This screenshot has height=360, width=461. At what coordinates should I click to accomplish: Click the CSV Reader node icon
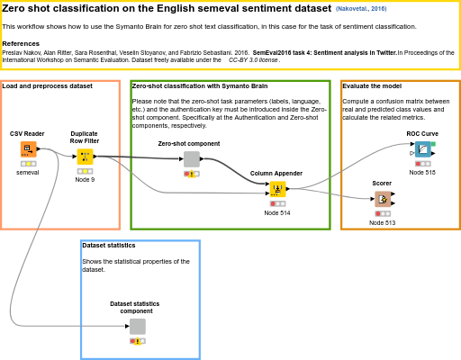click(x=28, y=149)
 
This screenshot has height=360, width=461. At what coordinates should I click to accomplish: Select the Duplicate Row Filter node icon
click(x=85, y=157)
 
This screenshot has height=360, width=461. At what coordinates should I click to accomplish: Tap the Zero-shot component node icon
click(x=192, y=158)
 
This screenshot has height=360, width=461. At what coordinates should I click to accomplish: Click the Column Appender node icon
click(x=277, y=189)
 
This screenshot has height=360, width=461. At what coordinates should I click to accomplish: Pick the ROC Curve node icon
click(x=422, y=149)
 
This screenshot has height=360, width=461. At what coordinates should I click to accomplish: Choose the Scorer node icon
click(x=383, y=199)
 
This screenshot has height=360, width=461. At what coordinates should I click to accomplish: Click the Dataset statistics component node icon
click(x=137, y=326)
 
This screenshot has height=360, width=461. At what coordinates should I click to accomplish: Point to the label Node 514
click(x=277, y=212)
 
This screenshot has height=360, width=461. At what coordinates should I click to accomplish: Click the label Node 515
click(x=422, y=172)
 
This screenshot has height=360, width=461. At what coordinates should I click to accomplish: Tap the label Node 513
click(x=383, y=222)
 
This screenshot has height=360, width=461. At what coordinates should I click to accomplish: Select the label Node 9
click(x=85, y=180)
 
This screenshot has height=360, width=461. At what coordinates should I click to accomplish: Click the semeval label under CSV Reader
click(x=28, y=172)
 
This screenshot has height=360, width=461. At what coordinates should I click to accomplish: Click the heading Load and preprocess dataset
click(x=48, y=86)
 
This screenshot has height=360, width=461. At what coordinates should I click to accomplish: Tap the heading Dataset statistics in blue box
click(x=109, y=245)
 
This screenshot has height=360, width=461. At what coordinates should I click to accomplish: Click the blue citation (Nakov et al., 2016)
click(x=362, y=8)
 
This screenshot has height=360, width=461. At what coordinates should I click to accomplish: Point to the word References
click(x=21, y=43)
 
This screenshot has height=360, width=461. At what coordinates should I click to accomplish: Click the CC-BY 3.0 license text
click(x=253, y=59)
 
